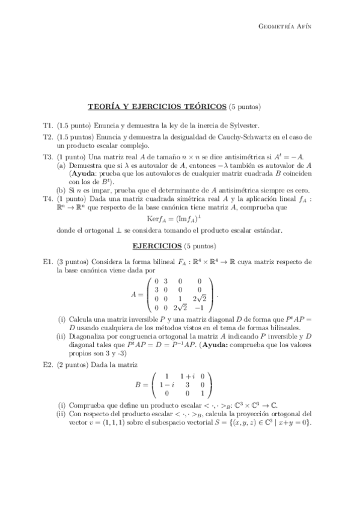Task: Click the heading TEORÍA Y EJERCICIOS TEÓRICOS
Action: [157, 107]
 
